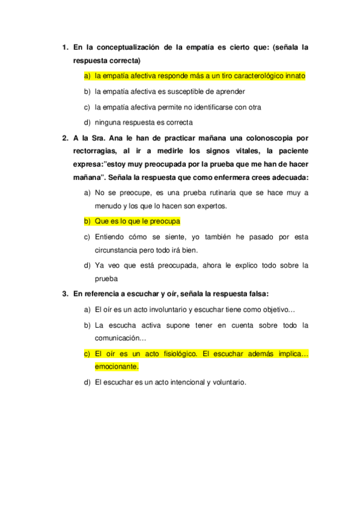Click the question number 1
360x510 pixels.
(64, 46)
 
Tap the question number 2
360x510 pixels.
(64, 137)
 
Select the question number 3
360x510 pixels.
(64, 294)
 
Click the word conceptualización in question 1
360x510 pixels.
(131, 46)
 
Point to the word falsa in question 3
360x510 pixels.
(257, 294)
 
